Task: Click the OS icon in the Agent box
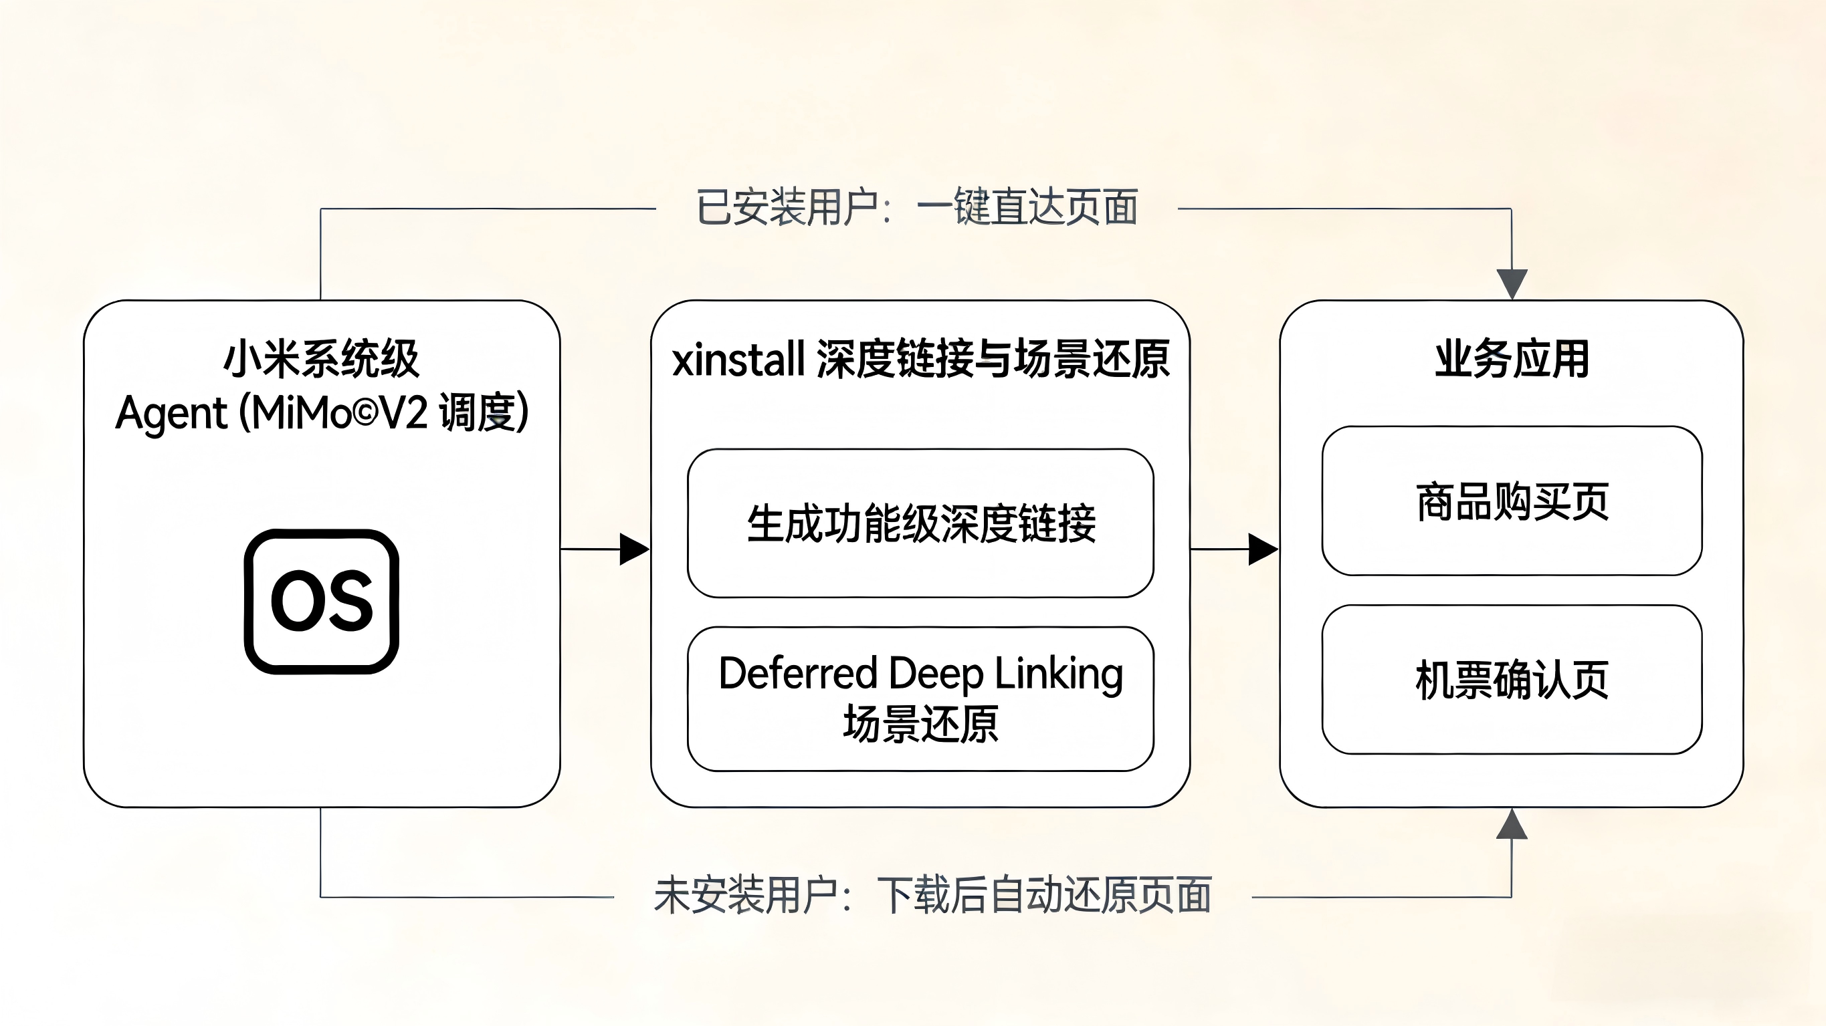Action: [321, 601]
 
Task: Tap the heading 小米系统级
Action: [321, 359]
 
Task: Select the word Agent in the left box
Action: [171, 413]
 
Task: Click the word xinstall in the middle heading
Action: [738, 359]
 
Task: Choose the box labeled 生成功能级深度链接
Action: [920, 523]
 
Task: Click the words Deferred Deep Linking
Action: [920, 673]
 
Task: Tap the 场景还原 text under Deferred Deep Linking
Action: [920, 724]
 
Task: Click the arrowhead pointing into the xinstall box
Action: [633, 549]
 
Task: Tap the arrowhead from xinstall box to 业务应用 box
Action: [1262, 549]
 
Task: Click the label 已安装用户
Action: [787, 208]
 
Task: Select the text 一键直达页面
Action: [1027, 208]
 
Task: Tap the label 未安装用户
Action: [746, 895]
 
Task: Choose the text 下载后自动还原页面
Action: [1043, 895]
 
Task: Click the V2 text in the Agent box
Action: [403, 413]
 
